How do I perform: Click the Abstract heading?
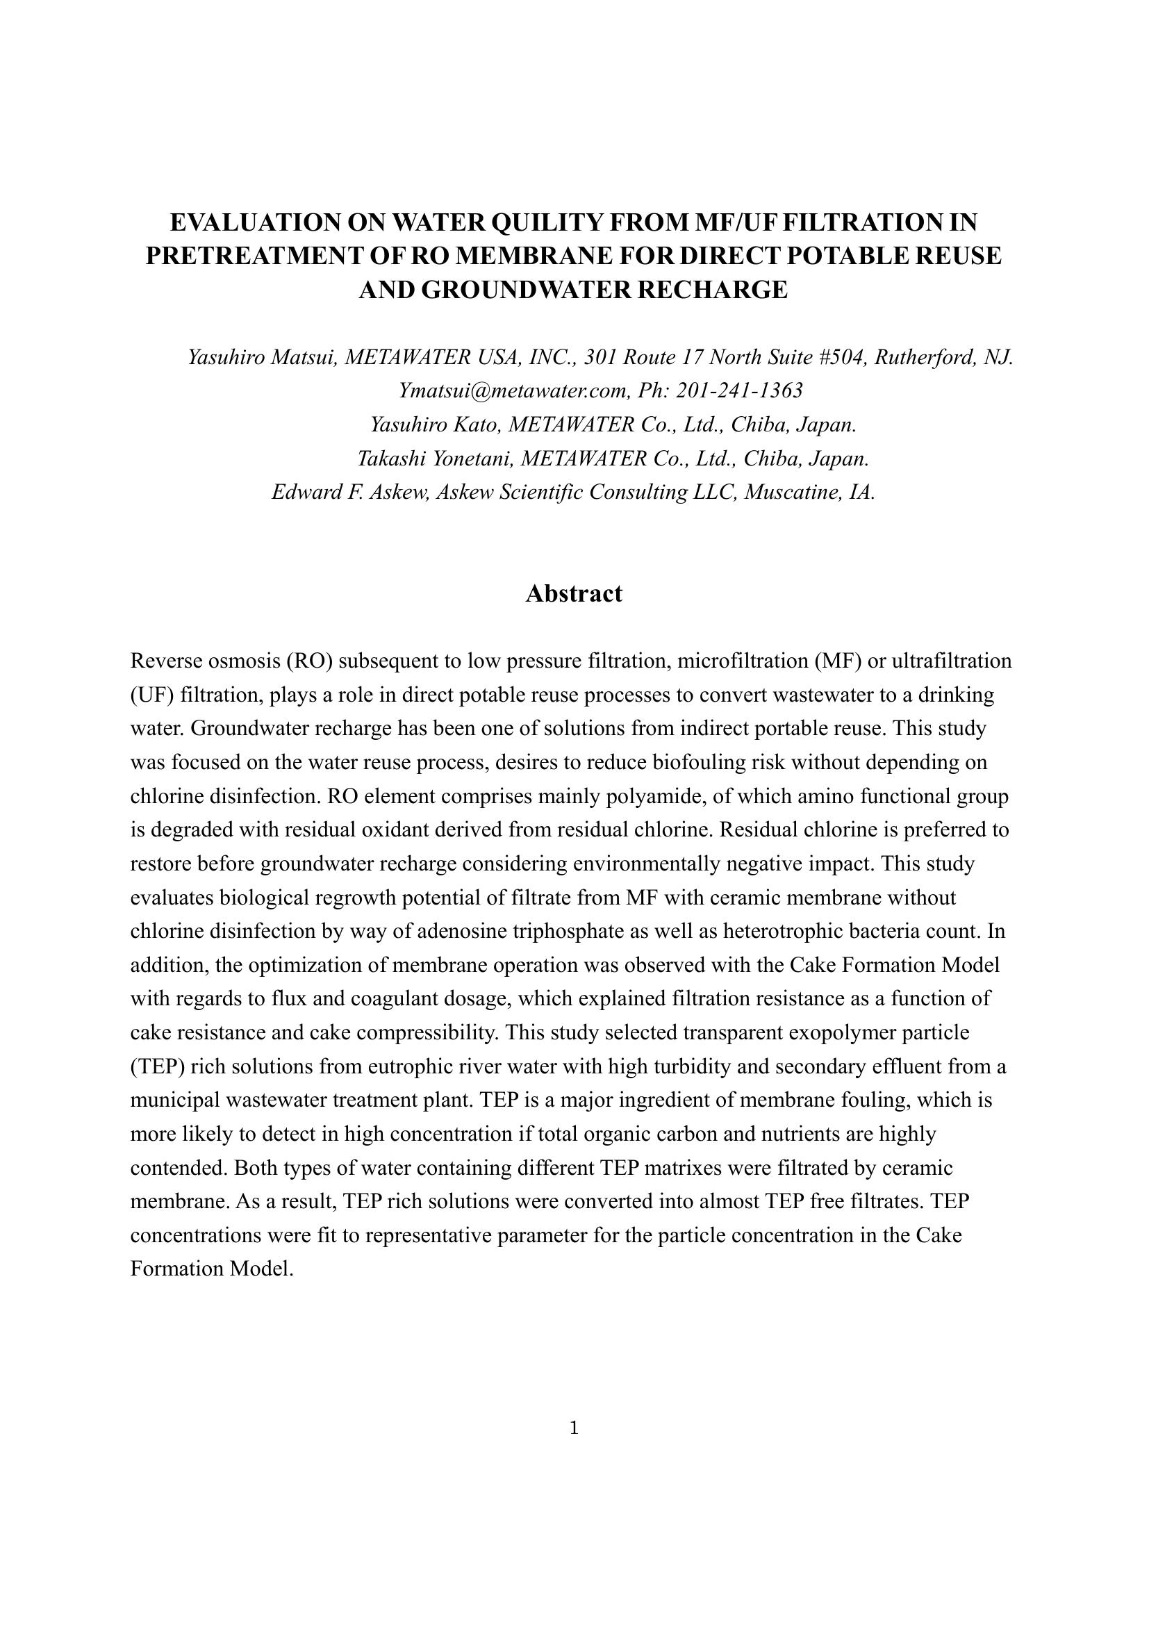[x=574, y=593]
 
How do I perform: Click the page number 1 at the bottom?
[x=574, y=1428]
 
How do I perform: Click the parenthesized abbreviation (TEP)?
[x=158, y=1066]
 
